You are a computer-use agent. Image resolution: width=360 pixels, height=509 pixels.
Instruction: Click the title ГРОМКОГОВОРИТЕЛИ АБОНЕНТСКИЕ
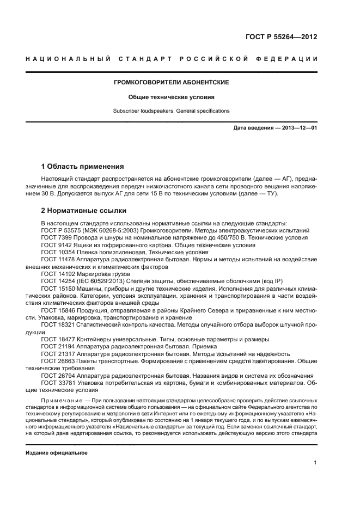point(171,82)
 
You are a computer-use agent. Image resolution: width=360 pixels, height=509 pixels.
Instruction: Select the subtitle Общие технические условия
point(171,97)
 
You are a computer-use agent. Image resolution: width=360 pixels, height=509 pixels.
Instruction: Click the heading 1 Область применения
point(83,166)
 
